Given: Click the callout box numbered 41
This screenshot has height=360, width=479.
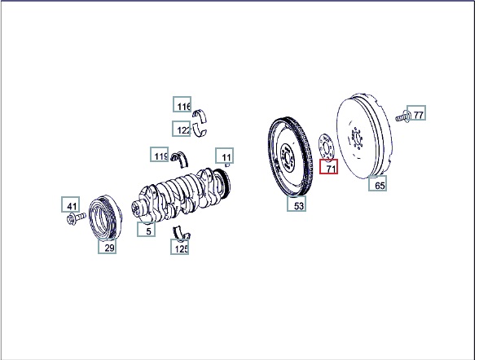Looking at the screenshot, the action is (71, 204).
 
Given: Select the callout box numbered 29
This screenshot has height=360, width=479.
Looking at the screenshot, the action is (107, 246).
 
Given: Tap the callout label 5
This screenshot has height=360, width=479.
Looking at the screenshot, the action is (146, 229).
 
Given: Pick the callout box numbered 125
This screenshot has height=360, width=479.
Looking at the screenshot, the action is (179, 247).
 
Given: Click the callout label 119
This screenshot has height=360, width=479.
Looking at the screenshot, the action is (159, 154).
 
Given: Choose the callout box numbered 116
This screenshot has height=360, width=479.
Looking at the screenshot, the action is (182, 104).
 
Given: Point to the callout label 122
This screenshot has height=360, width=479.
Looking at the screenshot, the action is (181, 129).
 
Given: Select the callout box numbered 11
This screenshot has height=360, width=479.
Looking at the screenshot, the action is (225, 156).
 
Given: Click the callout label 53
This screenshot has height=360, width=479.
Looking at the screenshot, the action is (297, 204).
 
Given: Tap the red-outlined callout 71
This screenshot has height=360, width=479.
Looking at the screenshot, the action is (329, 167).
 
